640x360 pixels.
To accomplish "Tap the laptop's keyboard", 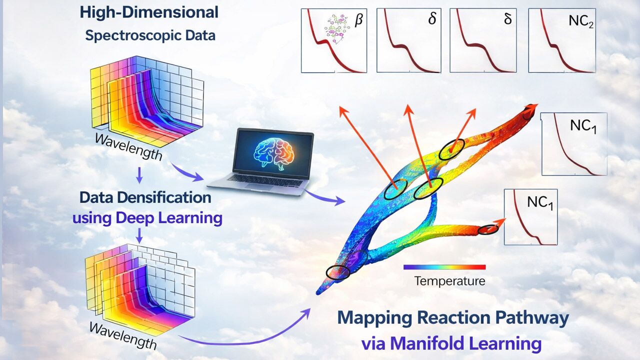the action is point(264,180).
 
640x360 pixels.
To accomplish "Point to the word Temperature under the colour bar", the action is point(449,281).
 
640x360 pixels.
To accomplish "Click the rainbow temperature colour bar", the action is point(444,267).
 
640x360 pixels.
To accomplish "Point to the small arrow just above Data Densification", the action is point(139,175).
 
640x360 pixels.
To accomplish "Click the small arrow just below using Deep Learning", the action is point(139,235).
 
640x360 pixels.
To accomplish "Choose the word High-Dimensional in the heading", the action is point(149,13).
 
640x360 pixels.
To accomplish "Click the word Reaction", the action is point(450,317).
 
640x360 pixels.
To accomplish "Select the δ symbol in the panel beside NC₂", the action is point(507,19).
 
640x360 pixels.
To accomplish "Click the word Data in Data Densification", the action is point(96,197).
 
